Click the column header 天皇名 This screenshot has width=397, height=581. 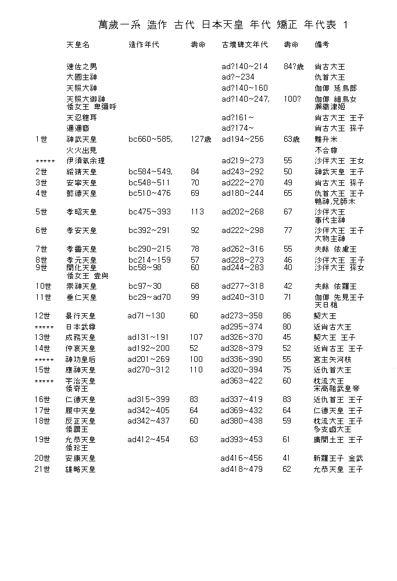[78, 45]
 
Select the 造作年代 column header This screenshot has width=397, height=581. [143, 45]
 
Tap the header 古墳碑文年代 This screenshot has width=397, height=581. [245, 45]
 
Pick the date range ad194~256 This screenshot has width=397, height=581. [242, 140]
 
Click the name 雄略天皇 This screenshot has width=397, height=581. [81, 469]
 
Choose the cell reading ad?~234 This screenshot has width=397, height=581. [238, 77]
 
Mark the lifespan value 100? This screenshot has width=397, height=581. [292, 99]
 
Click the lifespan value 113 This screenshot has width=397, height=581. [197, 212]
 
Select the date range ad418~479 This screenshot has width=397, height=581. [242, 469]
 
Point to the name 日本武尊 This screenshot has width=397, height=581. [81, 327]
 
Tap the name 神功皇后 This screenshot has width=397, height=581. [81, 360]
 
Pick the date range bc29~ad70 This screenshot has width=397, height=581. [150, 297]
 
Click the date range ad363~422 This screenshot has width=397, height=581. [242, 381]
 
